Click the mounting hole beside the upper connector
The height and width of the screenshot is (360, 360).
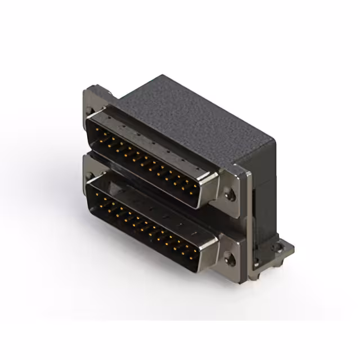click(229, 196)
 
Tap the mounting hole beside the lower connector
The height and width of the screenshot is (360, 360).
click(229, 259)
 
